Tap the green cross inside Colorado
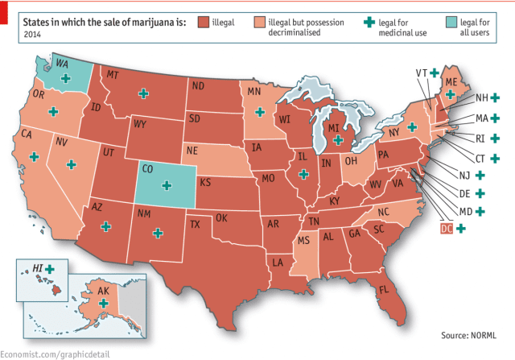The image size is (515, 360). point(167,185)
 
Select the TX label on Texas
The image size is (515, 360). point(194,225)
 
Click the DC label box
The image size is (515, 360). point(447,229)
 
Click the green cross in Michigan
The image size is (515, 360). point(339,139)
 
